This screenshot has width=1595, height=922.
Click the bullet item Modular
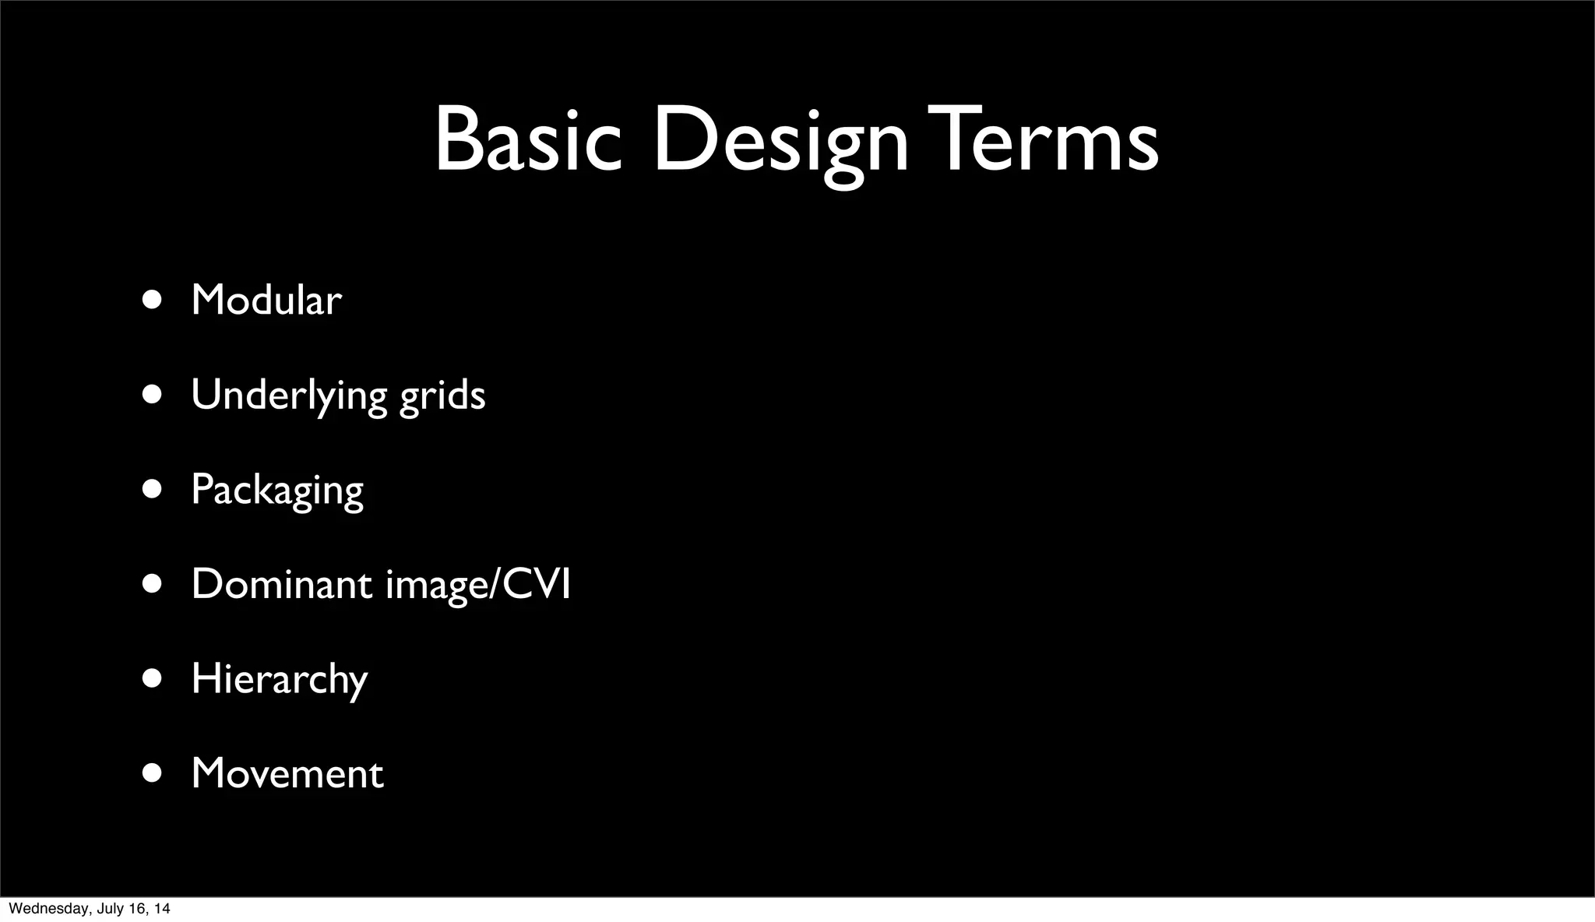click(266, 300)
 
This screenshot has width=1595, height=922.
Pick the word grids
click(442, 395)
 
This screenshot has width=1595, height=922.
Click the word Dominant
click(281, 584)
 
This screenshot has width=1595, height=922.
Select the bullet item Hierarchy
click(279, 679)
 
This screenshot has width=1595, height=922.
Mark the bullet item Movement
click(287, 773)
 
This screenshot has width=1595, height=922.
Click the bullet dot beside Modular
click(152, 300)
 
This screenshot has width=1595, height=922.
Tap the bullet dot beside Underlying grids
click(152, 395)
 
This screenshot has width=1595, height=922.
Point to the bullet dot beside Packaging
click(152, 489)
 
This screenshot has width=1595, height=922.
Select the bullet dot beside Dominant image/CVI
click(152, 584)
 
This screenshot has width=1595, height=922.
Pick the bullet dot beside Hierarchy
click(152, 678)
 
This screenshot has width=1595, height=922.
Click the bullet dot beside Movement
click(152, 773)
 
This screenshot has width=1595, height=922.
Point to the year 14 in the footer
click(163, 909)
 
